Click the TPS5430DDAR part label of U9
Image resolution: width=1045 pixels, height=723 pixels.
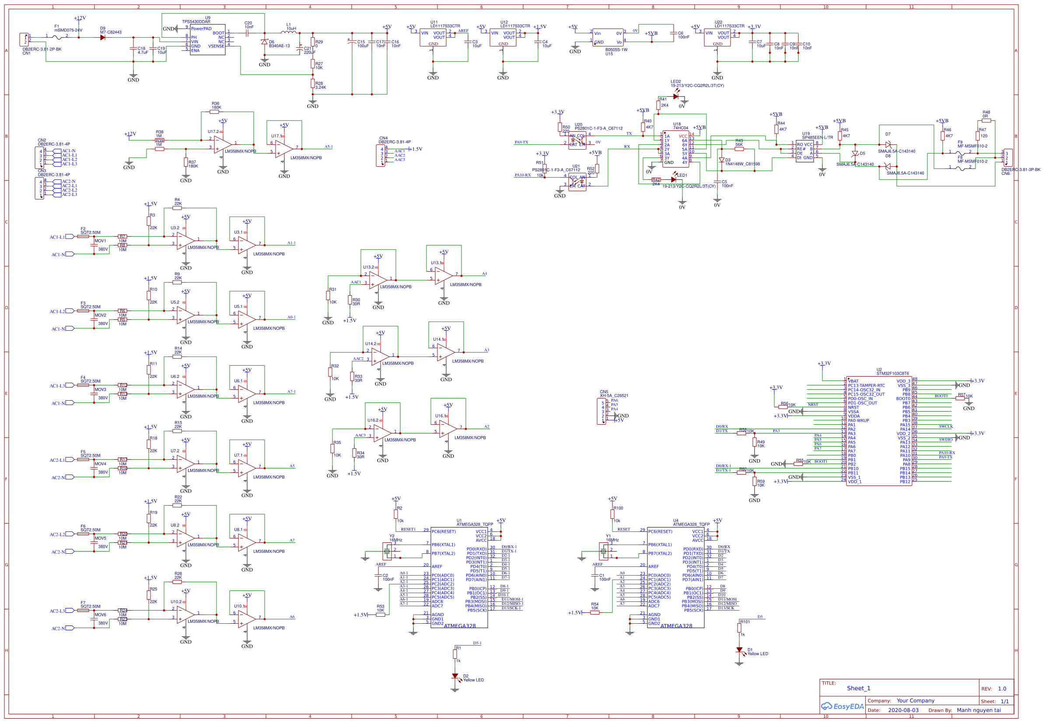point(196,21)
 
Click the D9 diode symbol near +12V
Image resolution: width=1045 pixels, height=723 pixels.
point(103,38)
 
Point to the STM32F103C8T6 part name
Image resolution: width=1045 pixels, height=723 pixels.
point(892,374)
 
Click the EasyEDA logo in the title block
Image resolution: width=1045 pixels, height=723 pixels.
point(842,706)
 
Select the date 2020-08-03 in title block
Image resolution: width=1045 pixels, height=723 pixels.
point(903,710)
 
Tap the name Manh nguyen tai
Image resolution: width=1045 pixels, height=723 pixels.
point(979,710)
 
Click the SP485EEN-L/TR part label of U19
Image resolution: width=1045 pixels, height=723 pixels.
point(818,137)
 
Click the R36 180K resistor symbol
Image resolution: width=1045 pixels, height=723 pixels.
point(214,112)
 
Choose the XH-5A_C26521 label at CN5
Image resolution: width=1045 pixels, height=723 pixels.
point(614,395)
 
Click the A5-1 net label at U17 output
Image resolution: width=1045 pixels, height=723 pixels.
point(329,147)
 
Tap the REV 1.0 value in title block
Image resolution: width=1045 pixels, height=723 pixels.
point(1002,688)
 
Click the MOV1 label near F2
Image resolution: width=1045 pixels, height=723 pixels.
point(100,241)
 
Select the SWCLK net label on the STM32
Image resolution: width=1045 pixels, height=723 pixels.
point(945,426)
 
